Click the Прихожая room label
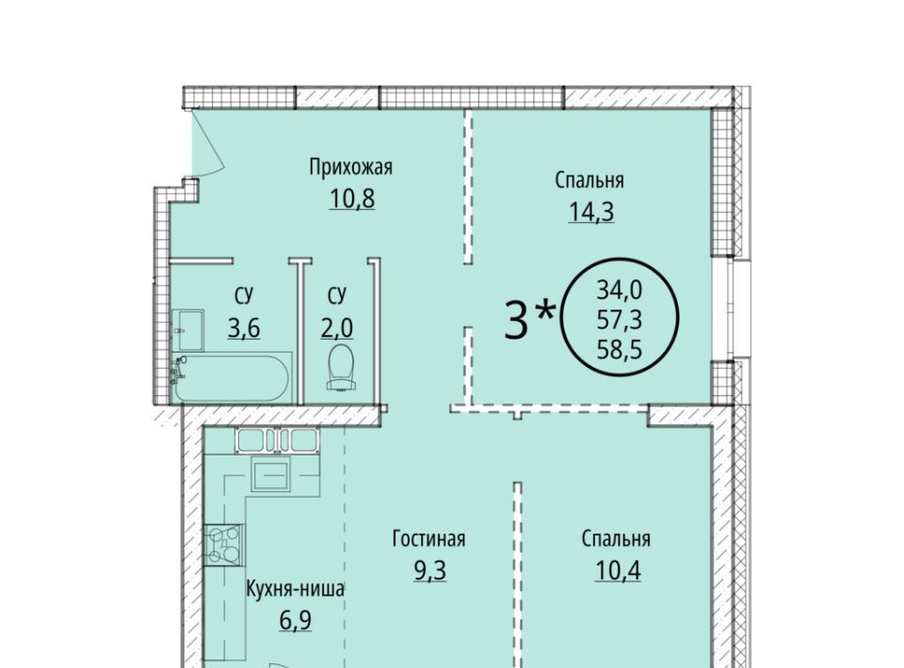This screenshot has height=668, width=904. [x=350, y=167]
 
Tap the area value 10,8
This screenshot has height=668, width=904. [x=351, y=199]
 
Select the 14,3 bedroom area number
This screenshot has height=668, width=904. [x=591, y=212]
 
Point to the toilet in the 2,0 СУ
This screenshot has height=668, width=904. [x=341, y=367]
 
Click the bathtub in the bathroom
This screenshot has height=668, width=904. [x=232, y=378]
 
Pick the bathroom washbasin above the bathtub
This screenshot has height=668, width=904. [x=188, y=330]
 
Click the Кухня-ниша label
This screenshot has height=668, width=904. [x=295, y=589]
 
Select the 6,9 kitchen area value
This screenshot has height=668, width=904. [x=296, y=620]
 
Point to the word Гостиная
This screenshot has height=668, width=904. [x=429, y=539]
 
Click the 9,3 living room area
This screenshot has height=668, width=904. [x=430, y=571]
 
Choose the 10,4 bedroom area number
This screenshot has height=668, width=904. [x=618, y=571]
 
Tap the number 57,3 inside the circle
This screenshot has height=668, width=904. [x=620, y=319]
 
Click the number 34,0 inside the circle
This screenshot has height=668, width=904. [x=620, y=290]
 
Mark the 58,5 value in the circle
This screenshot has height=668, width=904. [x=620, y=349]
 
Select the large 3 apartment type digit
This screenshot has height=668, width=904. [x=516, y=320]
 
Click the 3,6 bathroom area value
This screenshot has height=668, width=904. [x=244, y=328]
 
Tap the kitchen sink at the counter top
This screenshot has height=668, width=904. [x=278, y=441]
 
